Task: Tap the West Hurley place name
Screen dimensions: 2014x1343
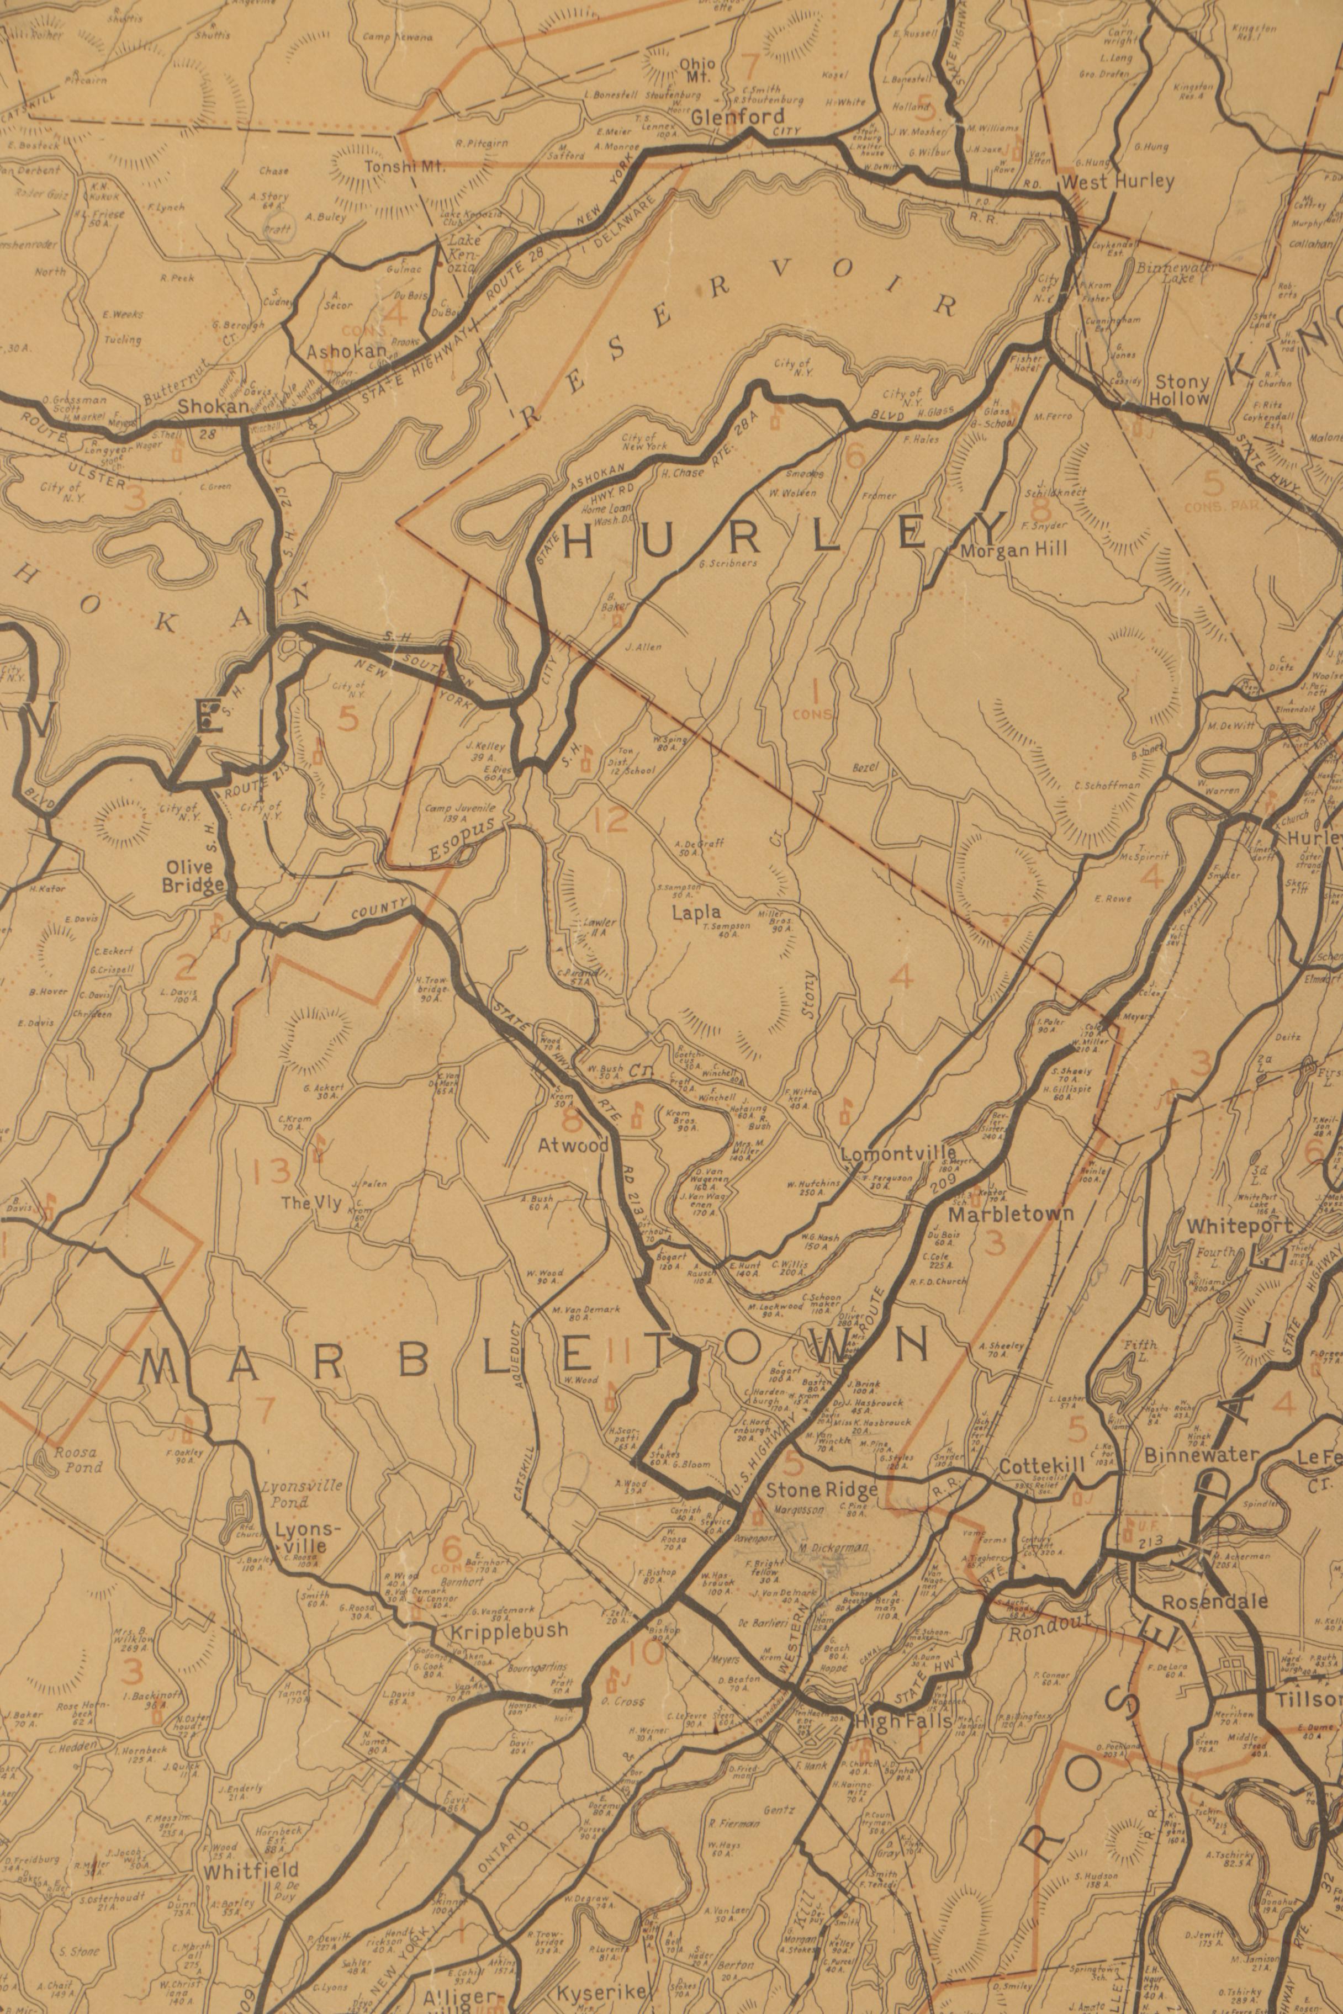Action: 1117,182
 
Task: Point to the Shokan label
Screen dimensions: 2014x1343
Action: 213,407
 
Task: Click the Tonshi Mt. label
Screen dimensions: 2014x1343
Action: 404,167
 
